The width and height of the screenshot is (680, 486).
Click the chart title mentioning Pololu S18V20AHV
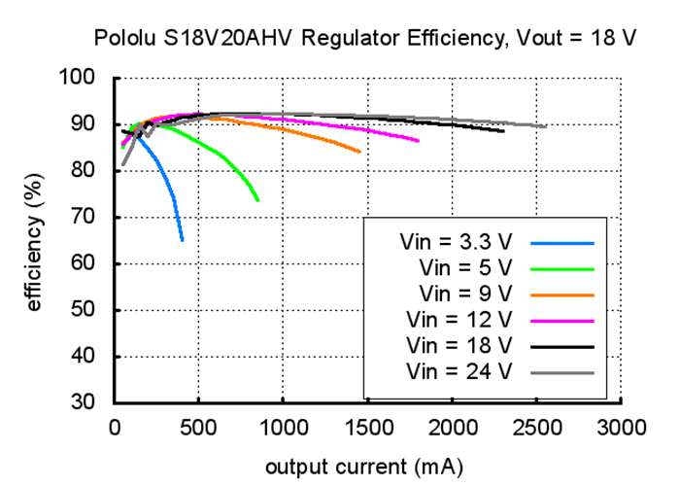click(364, 39)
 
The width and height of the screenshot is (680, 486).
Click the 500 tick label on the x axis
click(198, 427)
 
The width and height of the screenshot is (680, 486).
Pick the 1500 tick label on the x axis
click(368, 427)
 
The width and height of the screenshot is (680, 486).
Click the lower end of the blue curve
click(183, 239)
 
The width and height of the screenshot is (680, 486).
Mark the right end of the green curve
click(258, 200)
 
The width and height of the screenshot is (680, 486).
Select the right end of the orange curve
click(359, 152)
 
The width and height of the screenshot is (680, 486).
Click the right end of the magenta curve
click(419, 141)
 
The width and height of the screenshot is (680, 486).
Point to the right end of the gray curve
click(546, 126)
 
